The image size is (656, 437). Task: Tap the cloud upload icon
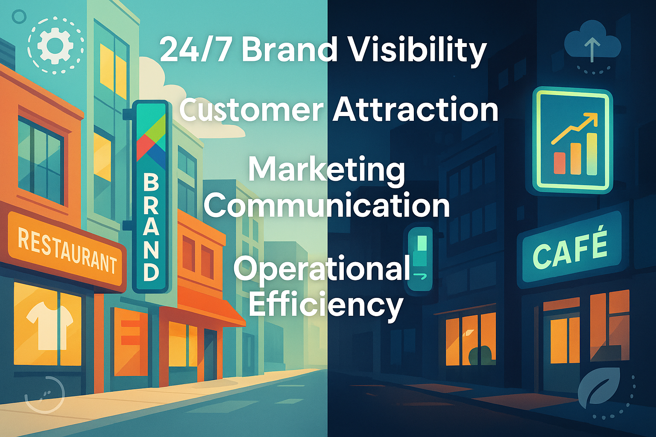[592, 45]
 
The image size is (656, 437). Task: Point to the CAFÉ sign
[570, 249]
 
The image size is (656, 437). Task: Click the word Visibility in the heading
[416, 49]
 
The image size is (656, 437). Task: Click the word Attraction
[415, 109]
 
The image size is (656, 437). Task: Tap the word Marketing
[327, 169]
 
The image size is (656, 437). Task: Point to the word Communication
[327, 205]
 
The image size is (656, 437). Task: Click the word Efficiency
[325, 305]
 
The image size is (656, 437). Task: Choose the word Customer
[251, 110]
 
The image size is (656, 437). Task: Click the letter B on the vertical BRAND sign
[151, 182]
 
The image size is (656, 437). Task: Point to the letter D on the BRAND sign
[151, 272]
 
